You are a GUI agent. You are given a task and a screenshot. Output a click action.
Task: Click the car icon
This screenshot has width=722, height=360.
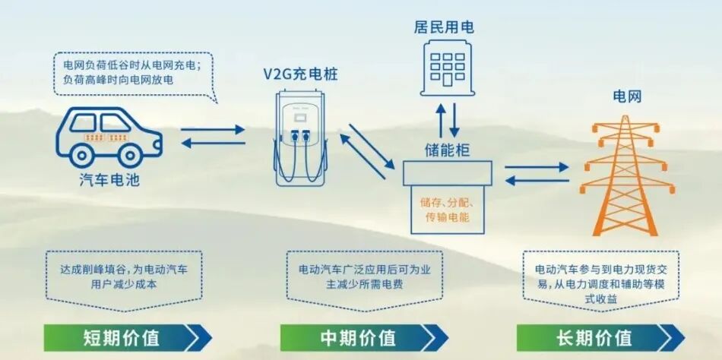[109, 136]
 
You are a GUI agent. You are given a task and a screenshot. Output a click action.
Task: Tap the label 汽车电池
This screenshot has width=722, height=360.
[109, 180]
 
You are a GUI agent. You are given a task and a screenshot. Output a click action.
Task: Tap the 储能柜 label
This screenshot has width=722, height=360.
[448, 150]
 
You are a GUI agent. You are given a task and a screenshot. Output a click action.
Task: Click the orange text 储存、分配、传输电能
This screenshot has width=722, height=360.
[448, 210]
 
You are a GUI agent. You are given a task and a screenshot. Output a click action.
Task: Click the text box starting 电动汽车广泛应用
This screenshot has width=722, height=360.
[360, 276]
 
